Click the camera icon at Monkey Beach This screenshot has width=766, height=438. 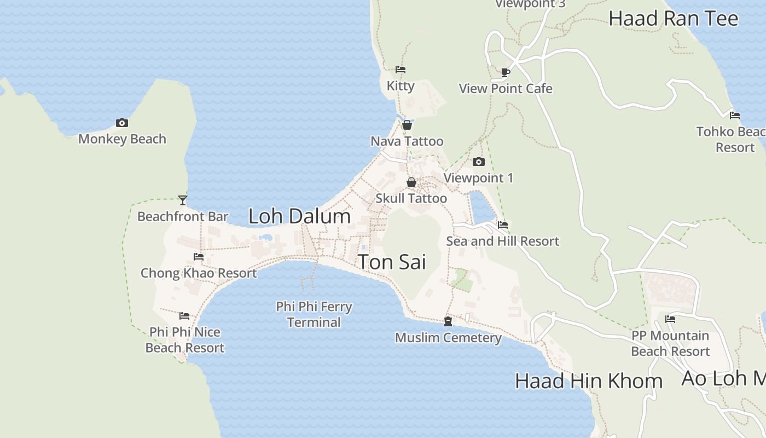click(x=122, y=123)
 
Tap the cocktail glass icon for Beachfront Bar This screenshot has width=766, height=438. click(x=183, y=200)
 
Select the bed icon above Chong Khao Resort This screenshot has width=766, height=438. click(x=199, y=256)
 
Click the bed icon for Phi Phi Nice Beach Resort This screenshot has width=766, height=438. click(x=184, y=316)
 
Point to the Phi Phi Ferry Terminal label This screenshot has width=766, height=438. click(x=314, y=314)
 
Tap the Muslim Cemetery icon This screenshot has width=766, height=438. click(x=448, y=321)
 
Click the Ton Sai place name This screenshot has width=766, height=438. click(x=392, y=262)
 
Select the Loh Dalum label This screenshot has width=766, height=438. click(x=299, y=216)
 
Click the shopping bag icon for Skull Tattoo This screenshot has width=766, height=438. click(x=411, y=182)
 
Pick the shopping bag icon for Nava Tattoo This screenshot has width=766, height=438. click(x=407, y=125)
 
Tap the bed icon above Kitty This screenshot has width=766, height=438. click(x=401, y=70)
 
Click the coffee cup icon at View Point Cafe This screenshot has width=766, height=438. click(x=506, y=72)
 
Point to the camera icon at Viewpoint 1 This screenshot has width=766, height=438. click(x=479, y=162)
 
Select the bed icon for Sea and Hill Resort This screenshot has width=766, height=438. click(x=503, y=224)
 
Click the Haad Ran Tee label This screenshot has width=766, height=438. click(x=674, y=19)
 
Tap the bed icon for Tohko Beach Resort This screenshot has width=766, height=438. click(x=735, y=116)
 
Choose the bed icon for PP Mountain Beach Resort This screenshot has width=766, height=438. click(x=670, y=319)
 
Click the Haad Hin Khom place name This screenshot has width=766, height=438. click(x=589, y=381)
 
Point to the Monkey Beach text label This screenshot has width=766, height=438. click(x=122, y=139)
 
